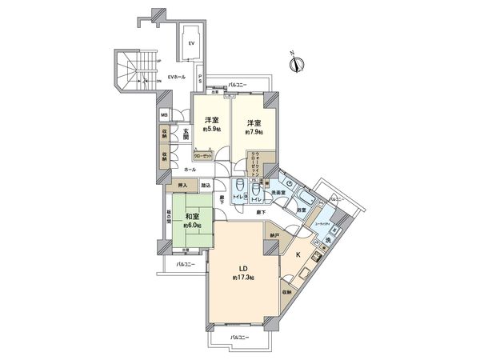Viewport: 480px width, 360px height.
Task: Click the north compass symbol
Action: pos(294,63)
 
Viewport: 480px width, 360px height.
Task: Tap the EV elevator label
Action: pos(191,42)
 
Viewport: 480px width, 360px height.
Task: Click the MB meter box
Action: pos(164,114)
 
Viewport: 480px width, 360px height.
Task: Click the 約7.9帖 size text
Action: pos(254,132)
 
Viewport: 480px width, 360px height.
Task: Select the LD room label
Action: pos(241,267)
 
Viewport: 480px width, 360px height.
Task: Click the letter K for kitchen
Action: pos(298,254)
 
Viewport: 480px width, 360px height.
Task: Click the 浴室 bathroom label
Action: pos(302,210)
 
